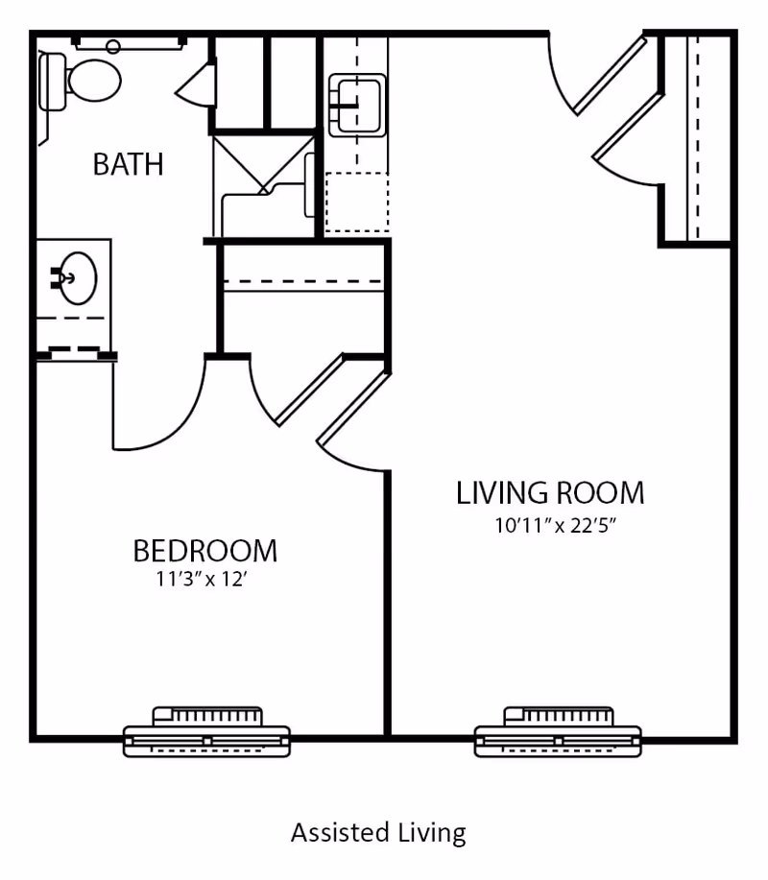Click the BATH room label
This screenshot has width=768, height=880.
click(128, 164)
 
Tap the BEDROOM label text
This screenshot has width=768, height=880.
click(204, 551)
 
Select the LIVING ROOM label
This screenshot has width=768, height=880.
click(549, 492)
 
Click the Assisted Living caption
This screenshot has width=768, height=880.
click(378, 831)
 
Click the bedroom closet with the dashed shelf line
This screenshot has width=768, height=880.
click(302, 297)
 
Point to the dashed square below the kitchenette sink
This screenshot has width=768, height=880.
click(356, 202)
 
